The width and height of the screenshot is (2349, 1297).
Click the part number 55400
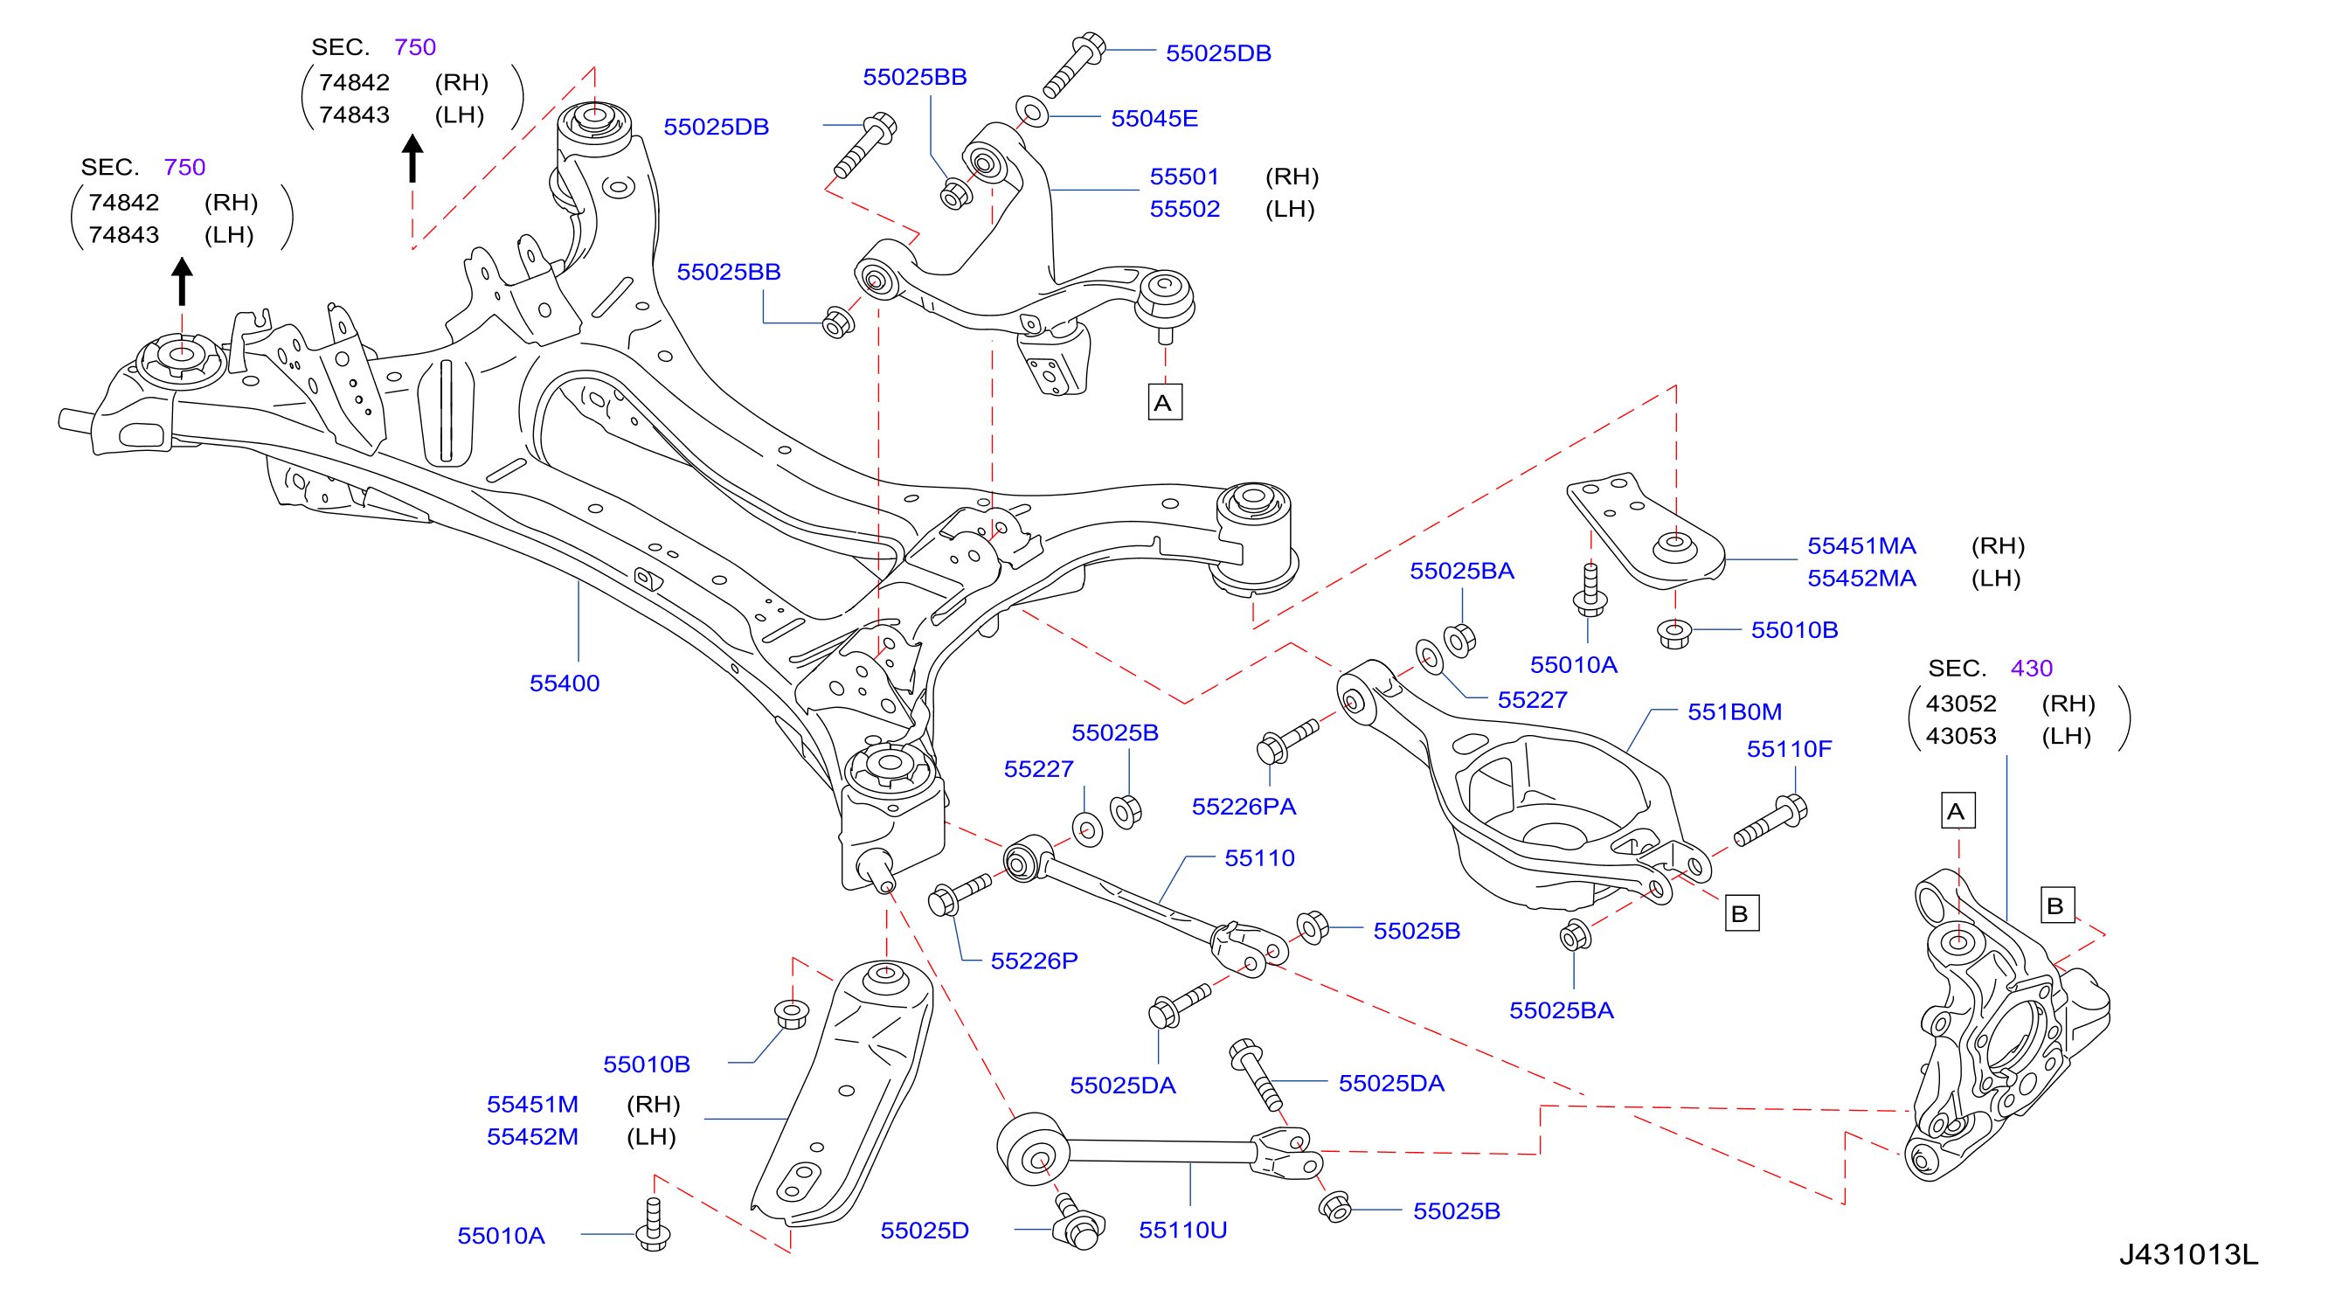click(x=565, y=683)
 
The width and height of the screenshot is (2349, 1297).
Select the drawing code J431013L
click(x=2188, y=1254)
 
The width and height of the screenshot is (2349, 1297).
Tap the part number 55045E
click(x=1154, y=119)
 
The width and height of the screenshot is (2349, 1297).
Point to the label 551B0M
click(x=1735, y=711)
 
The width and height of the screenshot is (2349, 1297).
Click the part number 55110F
click(x=1789, y=749)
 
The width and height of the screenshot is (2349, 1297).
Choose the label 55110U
click(x=1182, y=1230)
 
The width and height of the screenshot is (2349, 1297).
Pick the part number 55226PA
click(x=1244, y=807)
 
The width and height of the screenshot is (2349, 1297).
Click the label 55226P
click(x=1034, y=961)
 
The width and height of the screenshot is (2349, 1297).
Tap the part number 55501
click(x=1184, y=176)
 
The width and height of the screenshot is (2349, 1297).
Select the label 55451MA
click(x=1861, y=545)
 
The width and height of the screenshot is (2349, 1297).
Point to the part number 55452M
click(x=532, y=1136)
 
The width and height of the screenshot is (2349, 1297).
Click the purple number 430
click(x=2032, y=668)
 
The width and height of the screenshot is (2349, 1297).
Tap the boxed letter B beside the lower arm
click(x=1741, y=913)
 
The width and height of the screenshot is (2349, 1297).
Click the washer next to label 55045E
click(x=1032, y=114)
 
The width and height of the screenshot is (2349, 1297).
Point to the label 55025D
click(x=924, y=1231)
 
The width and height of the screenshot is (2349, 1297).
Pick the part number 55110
click(x=1259, y=857)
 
